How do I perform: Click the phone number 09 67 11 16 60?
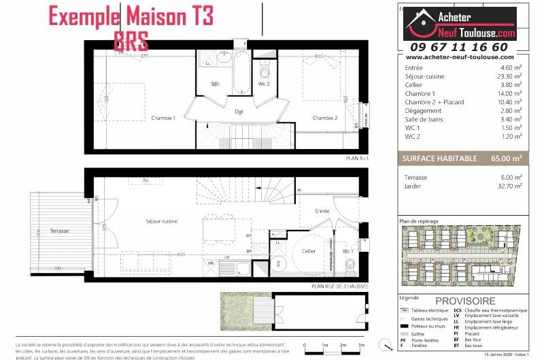(459, 47)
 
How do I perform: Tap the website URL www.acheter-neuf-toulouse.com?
(459, 58)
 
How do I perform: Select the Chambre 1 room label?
(163, 118)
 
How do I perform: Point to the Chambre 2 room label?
(325, 118)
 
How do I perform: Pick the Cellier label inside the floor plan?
(309, 250)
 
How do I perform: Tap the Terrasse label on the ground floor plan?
(59, 231)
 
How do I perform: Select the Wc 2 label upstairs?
(264, 84)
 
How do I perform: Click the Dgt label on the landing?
(239, 111)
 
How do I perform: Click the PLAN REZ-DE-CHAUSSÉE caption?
(339, 287)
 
